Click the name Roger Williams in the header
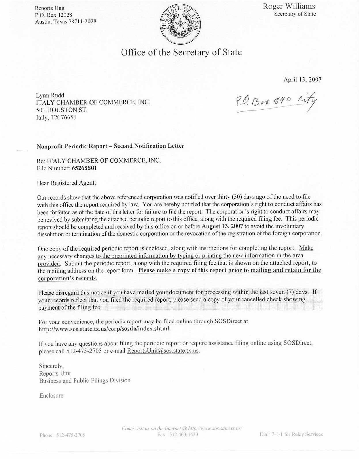289,6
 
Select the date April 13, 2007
302,80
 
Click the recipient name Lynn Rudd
50,95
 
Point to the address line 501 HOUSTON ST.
62,110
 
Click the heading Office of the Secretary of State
181,52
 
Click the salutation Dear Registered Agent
66,183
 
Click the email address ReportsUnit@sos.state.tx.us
163,351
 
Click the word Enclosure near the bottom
51,396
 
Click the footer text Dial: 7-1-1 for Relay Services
291,435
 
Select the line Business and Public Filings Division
85,380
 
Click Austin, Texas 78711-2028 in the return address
66,22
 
